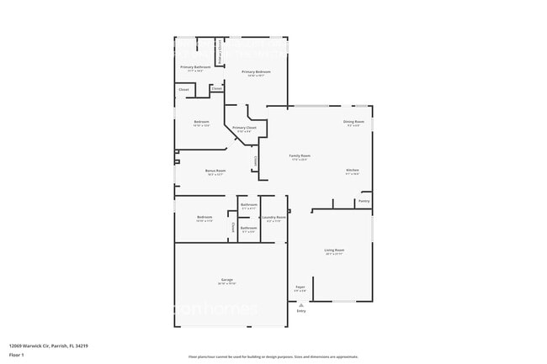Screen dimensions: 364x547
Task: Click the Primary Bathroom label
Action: click(x=195, y=66)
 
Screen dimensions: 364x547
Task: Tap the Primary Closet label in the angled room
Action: click(x=244, y=128)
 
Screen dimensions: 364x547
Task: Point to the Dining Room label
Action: click(x=353, y=122)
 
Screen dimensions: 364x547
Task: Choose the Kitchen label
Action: click(x=353, y=171)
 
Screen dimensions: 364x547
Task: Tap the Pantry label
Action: click(x=364, y=201)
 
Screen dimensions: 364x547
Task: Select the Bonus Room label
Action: click(x=215, y=171)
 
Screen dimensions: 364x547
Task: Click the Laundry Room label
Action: click(x=273, y=217)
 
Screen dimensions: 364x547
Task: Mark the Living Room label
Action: click(x=334, y=250)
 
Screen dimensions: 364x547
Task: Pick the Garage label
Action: click(x=227, y=279)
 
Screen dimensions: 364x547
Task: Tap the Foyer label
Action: click(x=300, y=288)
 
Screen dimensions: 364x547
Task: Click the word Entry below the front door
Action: click(x=300, y=311)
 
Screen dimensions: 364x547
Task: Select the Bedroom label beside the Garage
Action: click(x=204, y=217)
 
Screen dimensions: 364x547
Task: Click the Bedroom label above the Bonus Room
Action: click(x=201, y=122)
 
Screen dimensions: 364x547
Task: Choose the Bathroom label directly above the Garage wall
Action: click(x=248, y=228)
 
